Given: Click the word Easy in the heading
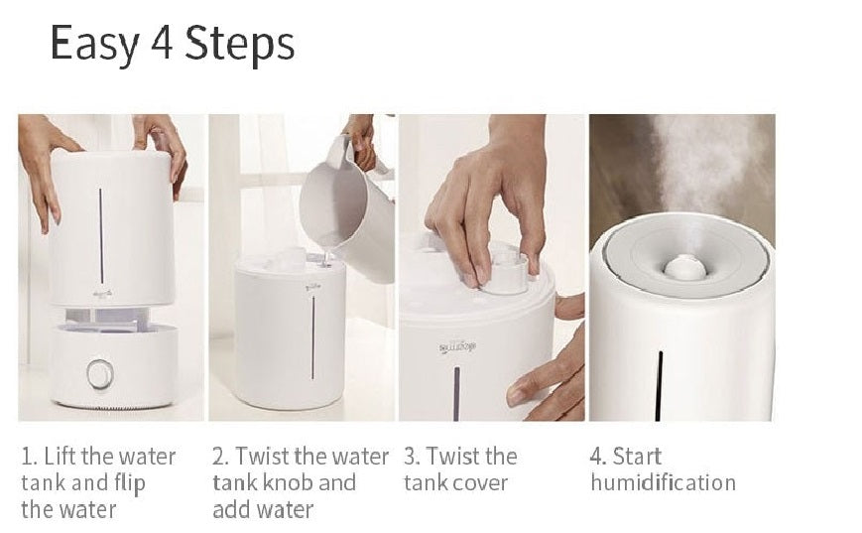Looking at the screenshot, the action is click(93, 44).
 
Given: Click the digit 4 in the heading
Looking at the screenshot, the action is click(162, 43).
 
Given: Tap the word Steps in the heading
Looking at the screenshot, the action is click(239, 44).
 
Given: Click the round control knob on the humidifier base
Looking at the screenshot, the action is click(100, 374).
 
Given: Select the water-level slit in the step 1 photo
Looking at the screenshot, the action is click(101, 236).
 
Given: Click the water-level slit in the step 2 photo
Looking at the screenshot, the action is click(312, 337).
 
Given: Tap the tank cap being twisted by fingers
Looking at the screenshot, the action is click(506, 273).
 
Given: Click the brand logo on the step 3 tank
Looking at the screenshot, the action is click(457, 347).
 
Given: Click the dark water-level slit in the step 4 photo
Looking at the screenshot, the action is click(659, 385).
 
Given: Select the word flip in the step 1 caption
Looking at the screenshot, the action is click(130, 484).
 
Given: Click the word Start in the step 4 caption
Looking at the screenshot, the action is click(637, 457).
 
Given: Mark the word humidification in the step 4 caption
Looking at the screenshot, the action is click(663, 483).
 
